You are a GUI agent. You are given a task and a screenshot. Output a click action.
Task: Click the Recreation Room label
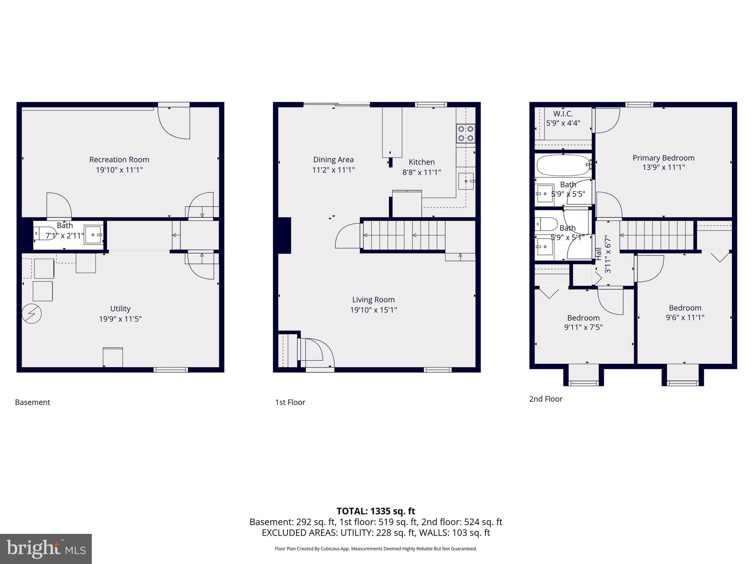(119, 160)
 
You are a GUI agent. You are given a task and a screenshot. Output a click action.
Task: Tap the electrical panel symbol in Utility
(32, 314)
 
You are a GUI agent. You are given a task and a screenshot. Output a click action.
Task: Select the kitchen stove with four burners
(465, 133)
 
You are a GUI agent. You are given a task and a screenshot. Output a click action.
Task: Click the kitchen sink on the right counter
(466, 181)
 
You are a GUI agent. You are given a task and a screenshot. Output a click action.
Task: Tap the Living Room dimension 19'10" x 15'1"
(373, 310)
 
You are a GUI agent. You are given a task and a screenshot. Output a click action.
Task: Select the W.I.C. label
(563, 114)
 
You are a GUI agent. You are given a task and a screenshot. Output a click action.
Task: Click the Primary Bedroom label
(663, 158)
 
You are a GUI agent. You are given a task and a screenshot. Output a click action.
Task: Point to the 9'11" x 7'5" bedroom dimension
(583, 327)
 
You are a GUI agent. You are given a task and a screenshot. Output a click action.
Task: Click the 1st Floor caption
(290, 402)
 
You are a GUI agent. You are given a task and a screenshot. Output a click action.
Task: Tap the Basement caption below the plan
(32, 402)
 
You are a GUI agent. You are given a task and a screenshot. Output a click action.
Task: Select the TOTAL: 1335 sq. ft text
(376, 511)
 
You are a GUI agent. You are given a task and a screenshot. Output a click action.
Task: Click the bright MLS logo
(46, 549)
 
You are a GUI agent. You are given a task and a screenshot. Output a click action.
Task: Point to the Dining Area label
(333, 160)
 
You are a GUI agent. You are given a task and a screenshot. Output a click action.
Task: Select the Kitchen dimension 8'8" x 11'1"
(422, 172)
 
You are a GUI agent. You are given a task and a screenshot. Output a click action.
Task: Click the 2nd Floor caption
(546, 399)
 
